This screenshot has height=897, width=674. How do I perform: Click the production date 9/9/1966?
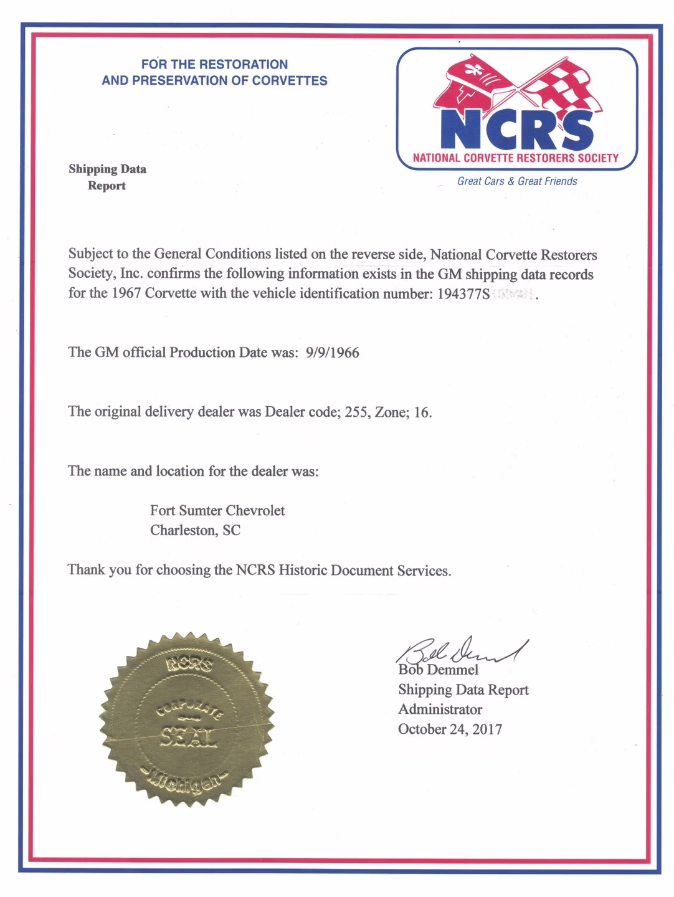[333, 353]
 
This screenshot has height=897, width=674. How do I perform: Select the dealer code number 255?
[356, 412]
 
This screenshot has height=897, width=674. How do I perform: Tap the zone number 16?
[422, 412]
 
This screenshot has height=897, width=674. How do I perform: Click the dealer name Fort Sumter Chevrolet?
[217, 511]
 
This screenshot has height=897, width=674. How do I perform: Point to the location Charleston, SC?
[195, 530]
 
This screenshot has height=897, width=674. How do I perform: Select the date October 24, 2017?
[450, 729]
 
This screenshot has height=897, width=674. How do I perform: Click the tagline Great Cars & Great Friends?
[517, 181]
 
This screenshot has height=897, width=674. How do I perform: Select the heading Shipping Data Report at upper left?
[107, 177]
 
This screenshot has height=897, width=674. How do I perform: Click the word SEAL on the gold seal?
[189, 738]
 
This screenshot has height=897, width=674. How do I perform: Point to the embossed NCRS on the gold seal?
[189, 665]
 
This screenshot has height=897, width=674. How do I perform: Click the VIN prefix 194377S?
[463, 294]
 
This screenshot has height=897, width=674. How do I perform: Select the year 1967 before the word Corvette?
[126, 293]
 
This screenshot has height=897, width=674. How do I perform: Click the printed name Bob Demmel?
[439, 670]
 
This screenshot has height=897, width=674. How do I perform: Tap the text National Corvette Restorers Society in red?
[516, 158]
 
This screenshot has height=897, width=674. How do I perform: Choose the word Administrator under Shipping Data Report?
[440, 710]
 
